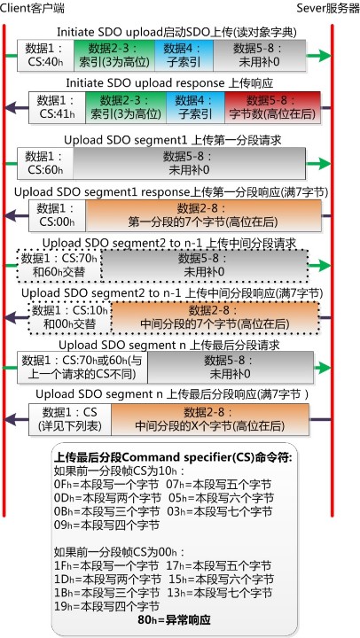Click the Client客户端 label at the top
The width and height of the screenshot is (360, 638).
coord(32,8)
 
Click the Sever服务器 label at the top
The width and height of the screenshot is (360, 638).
coord(328,8)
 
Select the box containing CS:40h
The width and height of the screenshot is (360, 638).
coord(45,56)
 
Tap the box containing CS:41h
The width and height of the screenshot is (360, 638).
coord(57,107)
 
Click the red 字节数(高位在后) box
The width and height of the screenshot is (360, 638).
coord(272,107)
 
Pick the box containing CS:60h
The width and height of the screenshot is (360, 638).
coord(45,163)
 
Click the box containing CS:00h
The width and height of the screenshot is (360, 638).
coord(57,215)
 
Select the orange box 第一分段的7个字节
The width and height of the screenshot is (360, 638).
coord(203,215)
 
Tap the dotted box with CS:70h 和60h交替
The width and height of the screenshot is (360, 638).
coord(59,266)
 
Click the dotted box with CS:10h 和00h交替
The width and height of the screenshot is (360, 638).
coord(70,318)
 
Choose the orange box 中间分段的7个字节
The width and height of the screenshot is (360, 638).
coord(215,318)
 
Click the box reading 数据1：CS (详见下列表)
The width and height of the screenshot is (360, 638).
coord(70,419)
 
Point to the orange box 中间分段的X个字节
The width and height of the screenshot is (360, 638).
coord(210,419)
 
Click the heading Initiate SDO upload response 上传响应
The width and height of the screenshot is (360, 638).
coord(169,83)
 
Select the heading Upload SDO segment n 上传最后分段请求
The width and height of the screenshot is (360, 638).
coord(169,345)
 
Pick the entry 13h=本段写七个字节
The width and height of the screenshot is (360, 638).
coord(221,593)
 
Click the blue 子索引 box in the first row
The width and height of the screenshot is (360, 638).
coord(184,56)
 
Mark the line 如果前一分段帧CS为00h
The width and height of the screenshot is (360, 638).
coord(120,552)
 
